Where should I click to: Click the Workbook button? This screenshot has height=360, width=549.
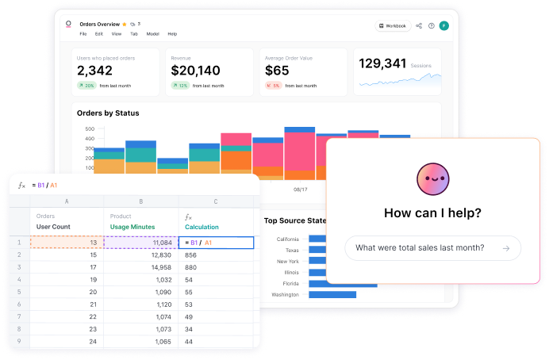pos(393,25)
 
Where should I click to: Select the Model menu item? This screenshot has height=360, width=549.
pos(153,34)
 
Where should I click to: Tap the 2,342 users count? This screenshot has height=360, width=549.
pos(96,70)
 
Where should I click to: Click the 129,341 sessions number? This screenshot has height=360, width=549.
pos(383,64)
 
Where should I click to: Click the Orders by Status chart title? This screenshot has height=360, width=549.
pos(108,113)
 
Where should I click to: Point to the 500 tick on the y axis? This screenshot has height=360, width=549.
pos(89,128)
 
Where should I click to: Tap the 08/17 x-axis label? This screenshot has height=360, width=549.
pos(300,190)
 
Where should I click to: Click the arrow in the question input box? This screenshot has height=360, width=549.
pos(505,248)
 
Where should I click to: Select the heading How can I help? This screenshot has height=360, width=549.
pos(432,213)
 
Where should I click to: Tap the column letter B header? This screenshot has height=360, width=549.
pos(140,201)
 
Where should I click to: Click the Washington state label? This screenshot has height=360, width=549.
pos(286,295)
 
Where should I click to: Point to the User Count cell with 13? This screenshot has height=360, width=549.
pos(67,243)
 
